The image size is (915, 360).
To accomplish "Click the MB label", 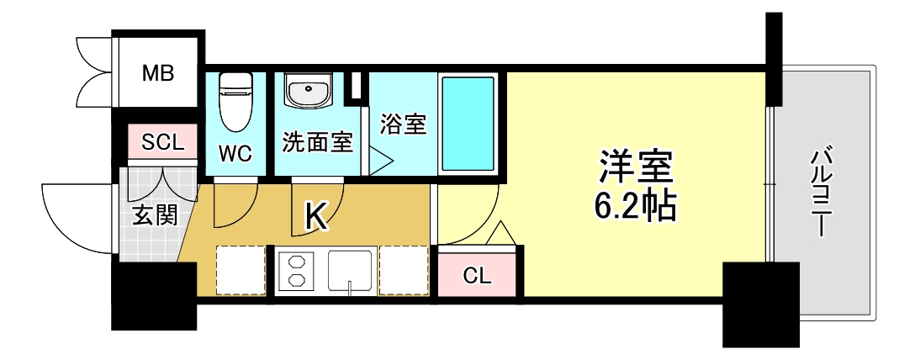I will click(157, 74).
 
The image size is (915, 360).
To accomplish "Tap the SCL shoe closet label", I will click(162, 142).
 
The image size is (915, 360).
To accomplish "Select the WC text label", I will click(235, 153).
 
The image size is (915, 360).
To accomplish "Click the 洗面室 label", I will click(316, 143).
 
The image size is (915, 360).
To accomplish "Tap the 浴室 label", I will click(404, 125).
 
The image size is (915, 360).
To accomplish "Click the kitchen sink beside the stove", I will click(350, 271).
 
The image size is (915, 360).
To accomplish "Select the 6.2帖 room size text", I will click(636, 206).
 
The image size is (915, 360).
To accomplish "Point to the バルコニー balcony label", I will click(822, 192).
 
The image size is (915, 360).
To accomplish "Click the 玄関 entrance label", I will click(155, 216).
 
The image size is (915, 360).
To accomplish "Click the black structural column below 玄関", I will click(154, 294).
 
